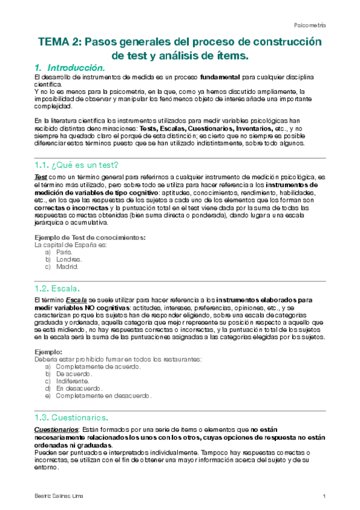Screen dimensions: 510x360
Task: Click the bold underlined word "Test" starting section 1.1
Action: point(41,177)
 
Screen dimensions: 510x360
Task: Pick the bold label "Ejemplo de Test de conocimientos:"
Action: point(90,238)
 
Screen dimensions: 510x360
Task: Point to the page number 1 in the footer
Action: point(324,496)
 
